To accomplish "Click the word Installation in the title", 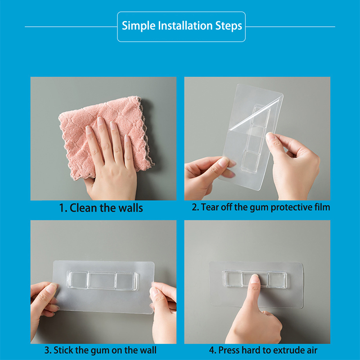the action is [x=185, y=26].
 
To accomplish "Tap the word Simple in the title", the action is [x=139, y=26].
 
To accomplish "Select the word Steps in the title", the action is [x=229, y=26].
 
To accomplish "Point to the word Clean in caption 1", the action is [x=83, y=208].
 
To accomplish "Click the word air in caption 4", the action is [x=312, y=351].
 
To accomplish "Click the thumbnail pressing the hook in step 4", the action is [x=255, y=279].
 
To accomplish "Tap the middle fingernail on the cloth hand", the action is [x=100, y=121].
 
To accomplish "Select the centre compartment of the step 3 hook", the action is [x=101, y=280].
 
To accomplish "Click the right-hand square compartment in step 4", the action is [x=277, y=279].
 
